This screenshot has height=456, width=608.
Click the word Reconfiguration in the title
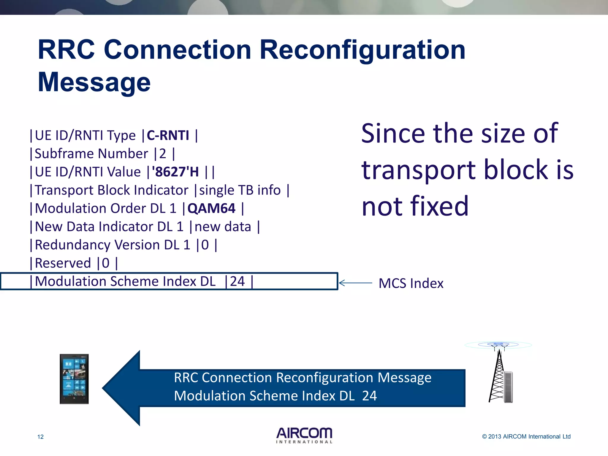(x=362, y=50)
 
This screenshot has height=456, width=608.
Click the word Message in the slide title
(x=94, y=82)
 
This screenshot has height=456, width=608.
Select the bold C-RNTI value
(x=168, y=136)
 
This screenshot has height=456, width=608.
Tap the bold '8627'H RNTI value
(x=175, y=172)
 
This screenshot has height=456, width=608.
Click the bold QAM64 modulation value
(x=211, y=208)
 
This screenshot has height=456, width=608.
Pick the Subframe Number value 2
(x=163, y=154)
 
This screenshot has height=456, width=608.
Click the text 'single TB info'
(x=240, y=190)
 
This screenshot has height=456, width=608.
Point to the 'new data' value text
(x=223, y=227)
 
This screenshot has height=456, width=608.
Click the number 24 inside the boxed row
(x=237, y=281)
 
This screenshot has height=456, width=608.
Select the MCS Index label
(x=411, y=283)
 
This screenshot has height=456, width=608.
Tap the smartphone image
(x=74, y=379)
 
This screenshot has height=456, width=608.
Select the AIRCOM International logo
(x=304, y=435)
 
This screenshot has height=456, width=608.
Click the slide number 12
(x=40, y=437)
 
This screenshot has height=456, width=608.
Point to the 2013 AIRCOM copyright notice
(x=526, y=436)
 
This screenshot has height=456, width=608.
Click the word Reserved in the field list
(x=63, y=263)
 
